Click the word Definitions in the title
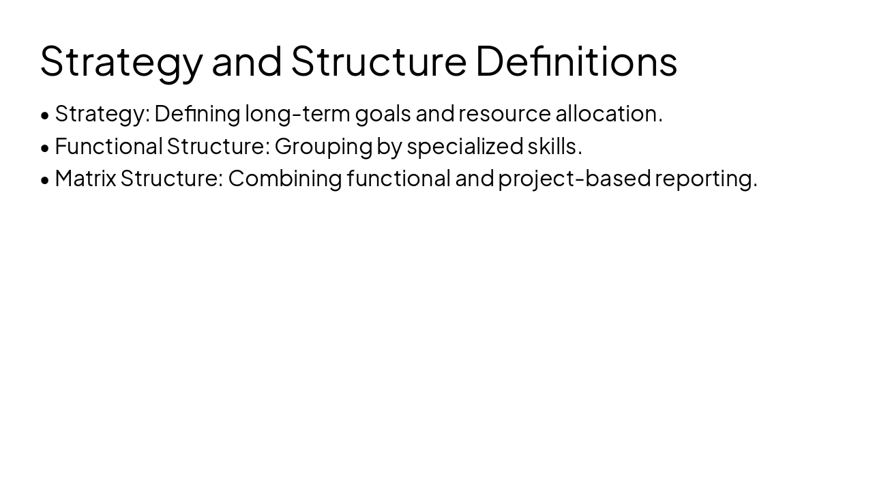tap(576, 60)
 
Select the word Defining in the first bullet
tap(197, 114)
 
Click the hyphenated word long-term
tap(297, 114)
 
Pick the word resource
tap(504, 114)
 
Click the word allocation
tap(608, 114)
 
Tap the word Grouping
tap(323, 147)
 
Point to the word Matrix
tap(85, 178)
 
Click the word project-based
tap(574, 179)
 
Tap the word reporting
tap(706, 179)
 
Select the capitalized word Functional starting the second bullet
tap(108, 146)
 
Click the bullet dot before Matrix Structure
tap(45, 180)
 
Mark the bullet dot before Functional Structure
tap(45, 148)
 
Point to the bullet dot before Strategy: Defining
tap(45, 115)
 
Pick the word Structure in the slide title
tap(379, 60)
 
